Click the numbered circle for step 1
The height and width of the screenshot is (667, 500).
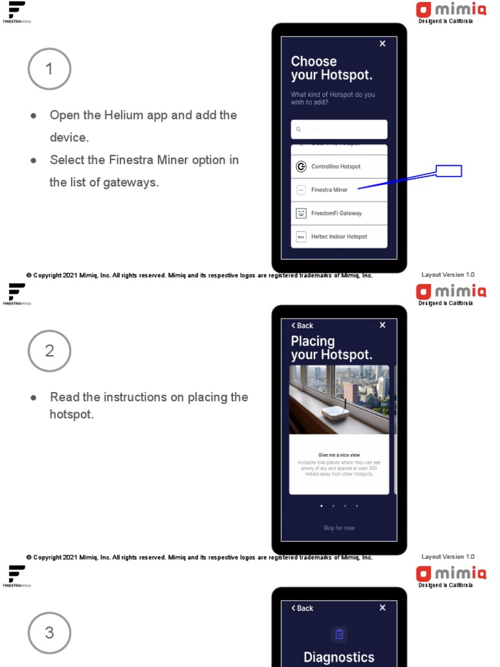[x=49, y=69]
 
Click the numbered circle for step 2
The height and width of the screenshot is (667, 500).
[x=49, y=351]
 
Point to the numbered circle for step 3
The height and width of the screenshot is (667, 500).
[x=49, y=633]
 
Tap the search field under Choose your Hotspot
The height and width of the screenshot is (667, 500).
[x=339, y=130]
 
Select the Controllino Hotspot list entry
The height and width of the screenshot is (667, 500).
[x=339, y=167]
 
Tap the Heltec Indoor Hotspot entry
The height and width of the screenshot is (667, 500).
[x=339, y=237]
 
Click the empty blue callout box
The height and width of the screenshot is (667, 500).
[x=449, y=171]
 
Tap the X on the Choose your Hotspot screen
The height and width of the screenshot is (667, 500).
[x=382, y=44]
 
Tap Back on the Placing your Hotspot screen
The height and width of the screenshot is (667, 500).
[x=302, y=326]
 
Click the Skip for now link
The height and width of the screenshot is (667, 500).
[x=339, y=528]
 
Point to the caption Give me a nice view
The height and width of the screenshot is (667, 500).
[x=339, y=455]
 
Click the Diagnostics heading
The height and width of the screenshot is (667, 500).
[x=339, y=657]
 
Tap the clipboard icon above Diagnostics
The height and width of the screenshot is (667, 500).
[x=339, y=634]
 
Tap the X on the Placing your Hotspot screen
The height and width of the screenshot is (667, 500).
[x=382, y=325]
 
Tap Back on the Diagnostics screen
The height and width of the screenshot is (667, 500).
[x=302, y=608]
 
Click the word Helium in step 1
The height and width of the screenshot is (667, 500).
[x=124, y=115]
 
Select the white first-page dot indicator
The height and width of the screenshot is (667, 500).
[x=322, y=505]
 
